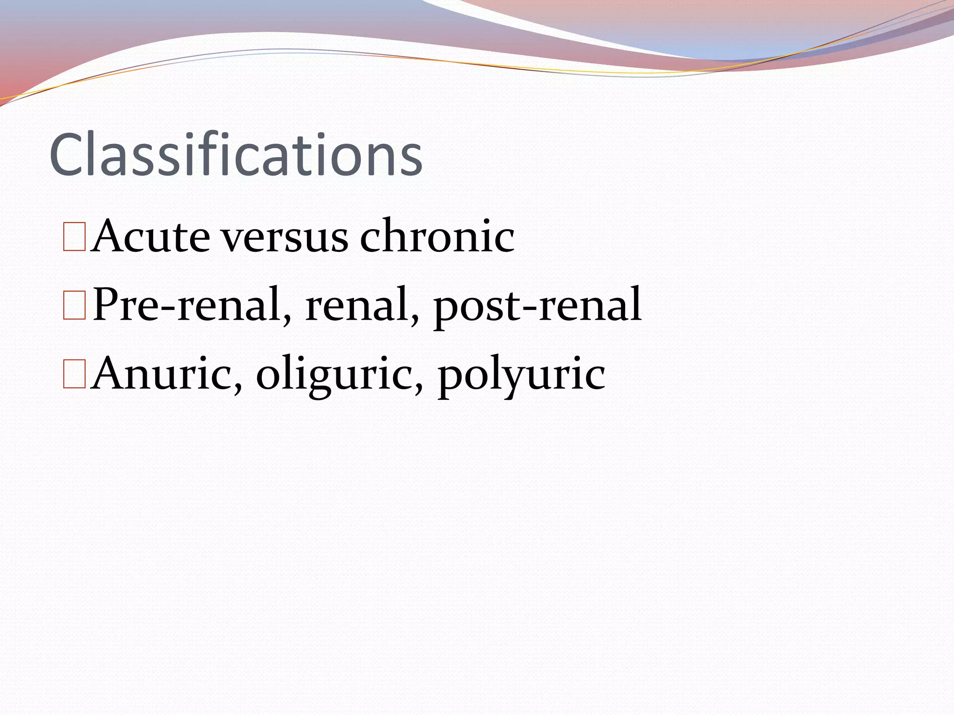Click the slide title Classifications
(236, 155)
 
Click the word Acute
(150, 236)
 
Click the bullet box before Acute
(75, 237)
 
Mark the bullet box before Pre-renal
(75, 306)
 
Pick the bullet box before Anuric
(75, 374)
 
